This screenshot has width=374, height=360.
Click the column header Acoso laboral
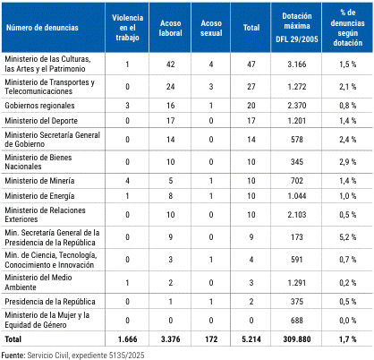click(x=170, y=28)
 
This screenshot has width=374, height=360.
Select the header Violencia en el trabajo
click(x=127, y=28)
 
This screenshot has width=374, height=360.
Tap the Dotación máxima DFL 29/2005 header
click(x=297, y=28)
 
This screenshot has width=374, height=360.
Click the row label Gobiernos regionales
click(x=39, y=106)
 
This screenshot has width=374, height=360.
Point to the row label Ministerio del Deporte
click(x=41, y=121)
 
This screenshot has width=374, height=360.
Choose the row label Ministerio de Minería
click(x=39, y=181)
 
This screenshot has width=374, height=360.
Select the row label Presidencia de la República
click(x=50, y=302)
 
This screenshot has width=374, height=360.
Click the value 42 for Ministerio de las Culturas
click(x=171, y=64)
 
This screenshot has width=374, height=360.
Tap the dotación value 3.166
click(x=297, y=64)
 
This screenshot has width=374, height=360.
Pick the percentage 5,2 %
click(x=348, y=237)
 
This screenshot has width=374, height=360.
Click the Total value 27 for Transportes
click(x=251, y=87)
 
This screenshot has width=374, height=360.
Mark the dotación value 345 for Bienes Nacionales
click(x=297, y=162)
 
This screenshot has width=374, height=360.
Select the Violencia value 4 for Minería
click(x=127, y=181)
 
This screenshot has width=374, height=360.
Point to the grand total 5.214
click(x=251, y=339)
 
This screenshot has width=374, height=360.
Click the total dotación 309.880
click(x=297, y=339)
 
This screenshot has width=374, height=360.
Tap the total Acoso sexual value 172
click(x=211, y=339)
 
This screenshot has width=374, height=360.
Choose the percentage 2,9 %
click(x=348, y=162)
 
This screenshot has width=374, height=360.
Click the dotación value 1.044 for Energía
click(x=297, y=196)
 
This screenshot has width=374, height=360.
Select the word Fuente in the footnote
click(x=13, y=356)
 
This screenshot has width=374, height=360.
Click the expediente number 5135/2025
click(x=126, y=356)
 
